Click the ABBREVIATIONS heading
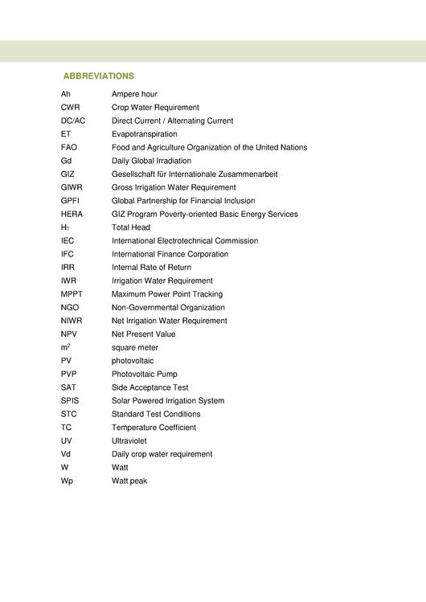tap(98, 76)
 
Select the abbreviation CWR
tap(70, 108)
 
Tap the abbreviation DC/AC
tap(73, 121)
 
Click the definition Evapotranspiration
tap(145, 134)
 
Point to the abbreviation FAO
tap(69, 148)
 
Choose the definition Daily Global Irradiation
tap(151, 161)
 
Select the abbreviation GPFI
tap(70, 201)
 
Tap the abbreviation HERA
tap(72, 215)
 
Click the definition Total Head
tap(131, 227)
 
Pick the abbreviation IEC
tap(68, 241)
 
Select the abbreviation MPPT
tap(72, 294)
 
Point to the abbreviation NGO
tap(70, 308)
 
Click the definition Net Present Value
tap(143, 334)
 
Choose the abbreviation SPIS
tap(70, 401)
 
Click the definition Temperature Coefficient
tap(154, 428)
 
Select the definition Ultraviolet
tap(129, 441)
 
